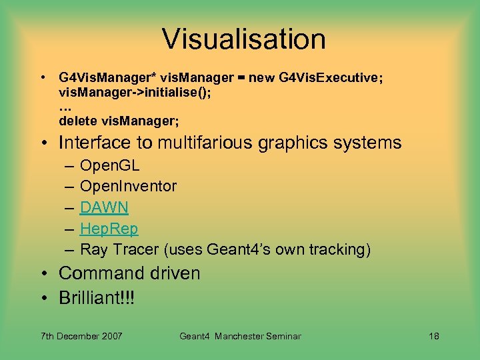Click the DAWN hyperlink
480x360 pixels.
coord(104,207)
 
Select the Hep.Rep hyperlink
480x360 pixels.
coord(109,229)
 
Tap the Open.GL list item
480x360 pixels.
coord(110,165)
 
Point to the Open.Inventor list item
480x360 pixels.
coord(128,186)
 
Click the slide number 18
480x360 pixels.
coord(433,336)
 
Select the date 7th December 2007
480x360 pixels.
coord(81,336)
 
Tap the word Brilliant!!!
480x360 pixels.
coord(97,297)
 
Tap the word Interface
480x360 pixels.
coord(94,143)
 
